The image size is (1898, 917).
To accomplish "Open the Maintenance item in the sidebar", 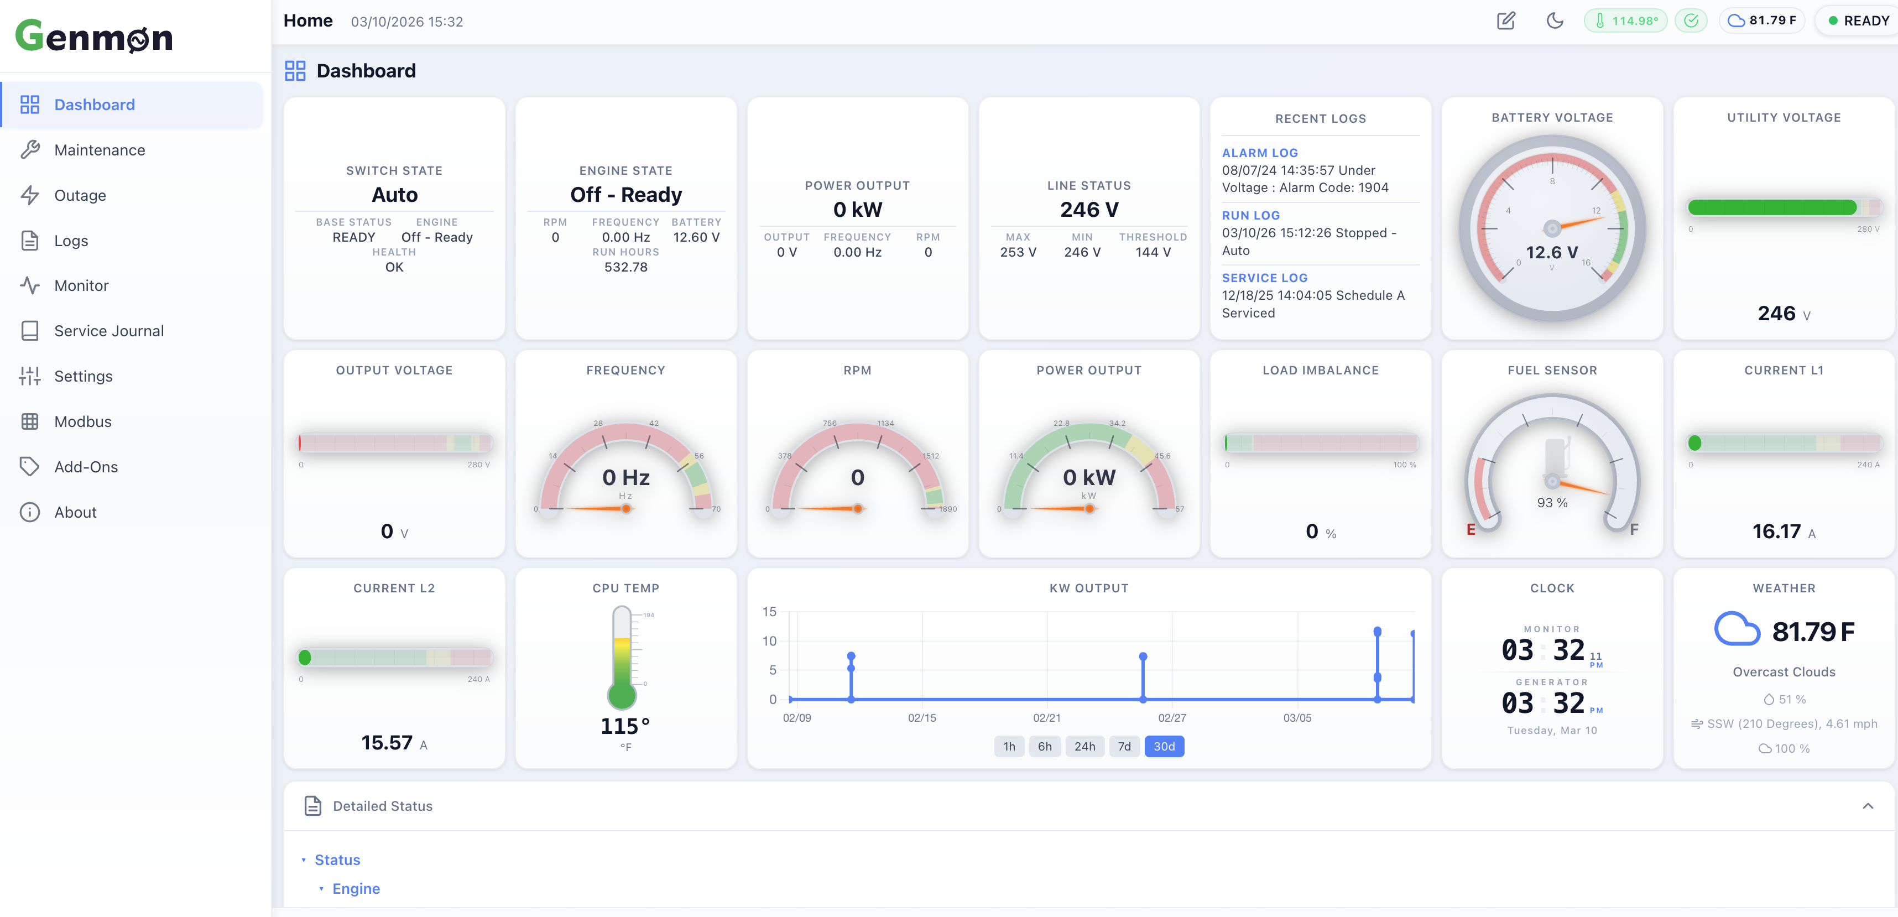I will coord(100,150).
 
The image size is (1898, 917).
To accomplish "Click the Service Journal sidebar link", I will coord(108,331).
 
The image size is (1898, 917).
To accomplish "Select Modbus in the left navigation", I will coord(82,421).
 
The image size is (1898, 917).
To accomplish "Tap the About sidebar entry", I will coord(75,512).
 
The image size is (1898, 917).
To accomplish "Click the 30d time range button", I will coord(1164,746).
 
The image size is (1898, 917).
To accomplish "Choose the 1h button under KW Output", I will coord(1009,746).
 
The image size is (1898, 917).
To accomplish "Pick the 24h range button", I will coord(1084,746).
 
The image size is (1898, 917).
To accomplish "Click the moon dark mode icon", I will coord(1555,20).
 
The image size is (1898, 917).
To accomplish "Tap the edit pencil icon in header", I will coord(1505,20).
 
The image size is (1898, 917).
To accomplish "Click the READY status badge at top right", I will coord(1858,20).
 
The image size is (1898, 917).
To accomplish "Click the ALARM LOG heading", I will coord(1259,153).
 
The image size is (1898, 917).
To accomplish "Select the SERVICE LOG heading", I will coord(1264,278).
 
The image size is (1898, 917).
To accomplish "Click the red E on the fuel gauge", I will coord(1470,529).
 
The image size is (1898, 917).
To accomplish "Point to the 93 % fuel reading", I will coord(1552,503).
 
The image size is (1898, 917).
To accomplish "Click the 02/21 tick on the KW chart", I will coord(1046,718).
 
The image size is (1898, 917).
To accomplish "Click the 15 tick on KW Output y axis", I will coord(769,612).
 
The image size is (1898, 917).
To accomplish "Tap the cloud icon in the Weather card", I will coord(1736,631).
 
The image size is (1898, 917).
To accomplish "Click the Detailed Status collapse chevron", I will coord(1867,806).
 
